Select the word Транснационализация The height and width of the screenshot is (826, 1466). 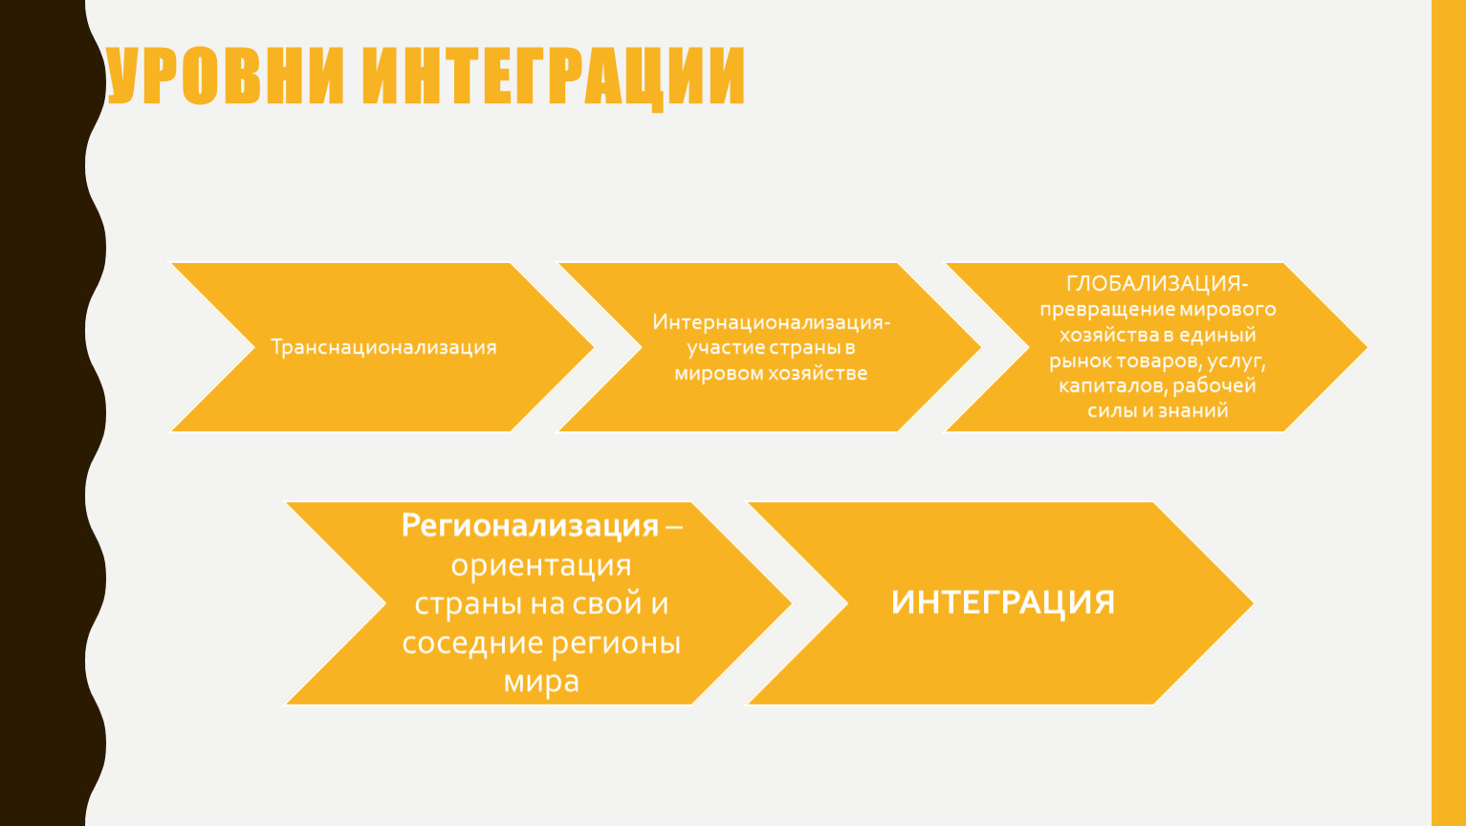click(x=383, y=347)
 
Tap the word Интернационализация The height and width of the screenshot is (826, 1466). click(x=768, y=323)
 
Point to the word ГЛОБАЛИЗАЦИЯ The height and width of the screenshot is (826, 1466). click(x=1154, y=284)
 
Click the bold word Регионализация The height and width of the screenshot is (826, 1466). click(x=530, y=526)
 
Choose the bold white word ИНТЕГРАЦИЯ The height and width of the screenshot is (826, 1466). click(x=1002, y=603)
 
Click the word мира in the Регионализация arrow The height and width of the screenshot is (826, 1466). click(x=541, y=682)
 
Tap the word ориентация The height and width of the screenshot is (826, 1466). click(x=541, y=566)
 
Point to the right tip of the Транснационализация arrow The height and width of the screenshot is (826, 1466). click(x=593, y=347)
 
